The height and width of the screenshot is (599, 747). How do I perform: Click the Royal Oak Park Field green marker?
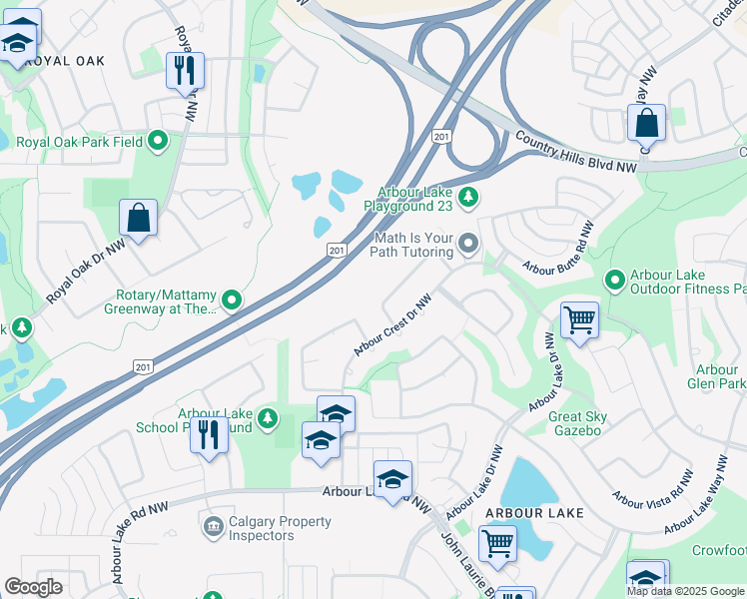tap(157, 141)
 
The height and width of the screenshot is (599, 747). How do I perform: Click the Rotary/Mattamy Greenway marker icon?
tap(232, 299)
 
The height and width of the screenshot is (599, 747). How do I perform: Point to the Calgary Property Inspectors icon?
tap(212, 527)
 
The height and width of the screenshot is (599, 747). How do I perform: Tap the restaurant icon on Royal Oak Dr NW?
tap(185, 71)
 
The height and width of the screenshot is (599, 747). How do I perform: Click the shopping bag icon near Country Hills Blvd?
tap(647, 124)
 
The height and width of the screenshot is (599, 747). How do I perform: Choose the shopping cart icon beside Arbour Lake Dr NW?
tap(579, 320)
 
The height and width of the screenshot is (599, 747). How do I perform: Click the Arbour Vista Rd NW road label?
tap(653, 488)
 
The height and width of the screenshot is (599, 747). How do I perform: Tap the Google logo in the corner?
tap(34, 587)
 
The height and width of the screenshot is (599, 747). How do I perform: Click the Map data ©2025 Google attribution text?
tap(685, 591)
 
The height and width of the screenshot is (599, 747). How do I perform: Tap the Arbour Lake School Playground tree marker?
tap(267, 417)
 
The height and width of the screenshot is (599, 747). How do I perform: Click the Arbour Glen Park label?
tap(717, 376)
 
